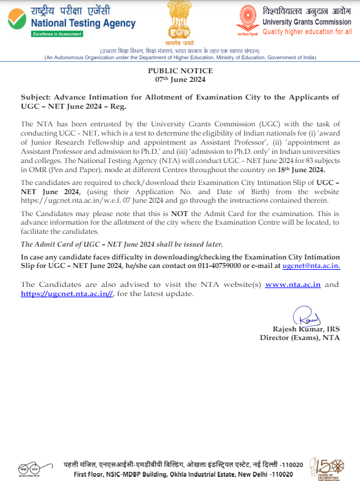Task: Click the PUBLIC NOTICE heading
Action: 180,71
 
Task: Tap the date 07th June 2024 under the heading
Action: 180,79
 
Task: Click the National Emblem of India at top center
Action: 181,22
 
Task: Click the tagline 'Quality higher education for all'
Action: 307,32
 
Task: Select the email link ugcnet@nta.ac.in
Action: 311,266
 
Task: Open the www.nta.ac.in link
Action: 293,284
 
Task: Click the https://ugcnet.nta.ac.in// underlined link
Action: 67,294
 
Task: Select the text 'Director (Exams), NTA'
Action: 300,338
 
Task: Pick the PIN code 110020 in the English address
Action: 281,474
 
